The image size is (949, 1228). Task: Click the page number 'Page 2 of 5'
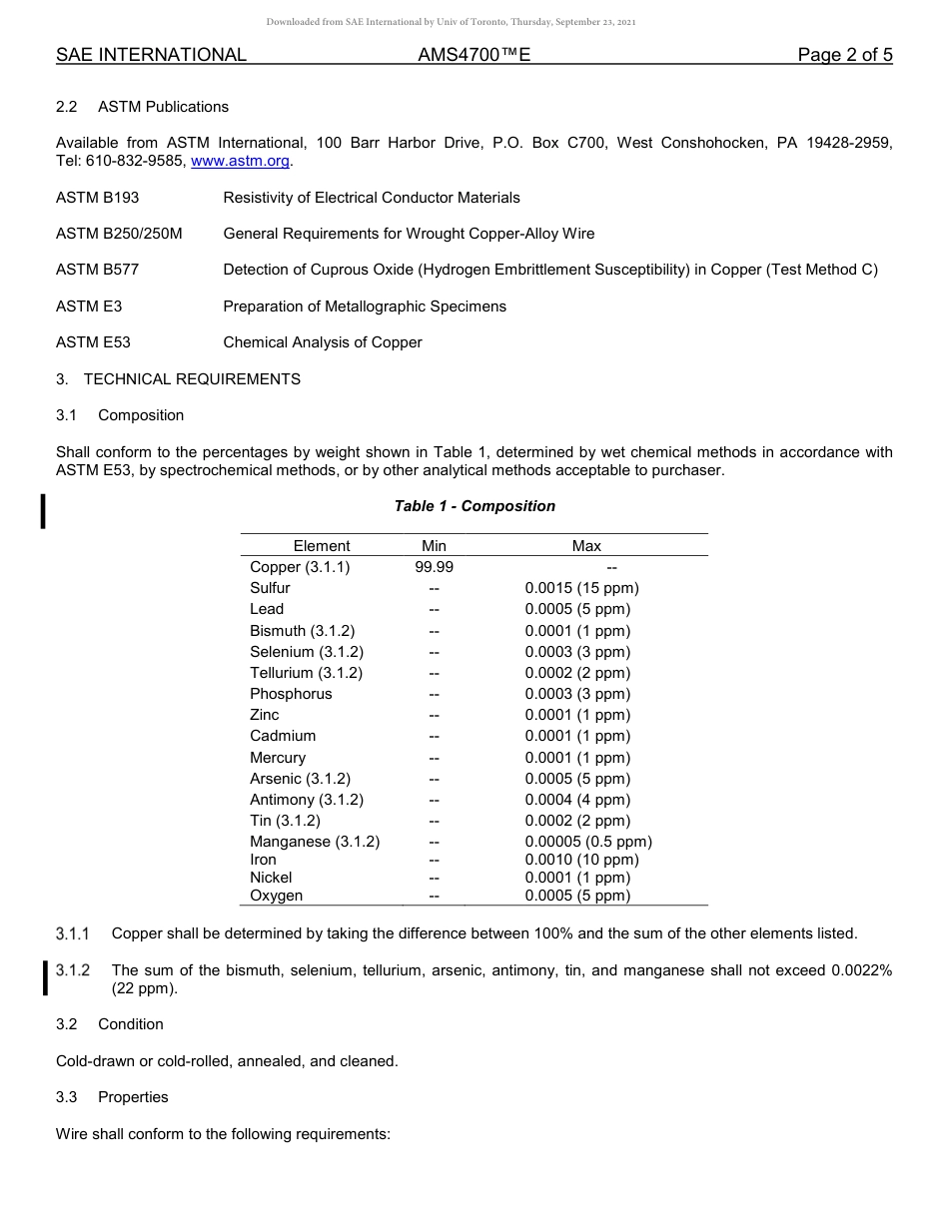[844, 55]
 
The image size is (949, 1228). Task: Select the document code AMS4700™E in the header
[474, 55]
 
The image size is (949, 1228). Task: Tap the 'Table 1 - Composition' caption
[474, 506]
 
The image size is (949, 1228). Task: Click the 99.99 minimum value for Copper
[434, 567]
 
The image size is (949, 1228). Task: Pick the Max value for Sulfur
[581, 588]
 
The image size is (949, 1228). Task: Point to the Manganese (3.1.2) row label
[315, 842]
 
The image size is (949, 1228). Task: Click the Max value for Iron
[581, 860]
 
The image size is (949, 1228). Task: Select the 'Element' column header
[322, 546]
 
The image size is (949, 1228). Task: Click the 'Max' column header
[586, 546]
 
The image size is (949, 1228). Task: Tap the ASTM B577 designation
[98, 270]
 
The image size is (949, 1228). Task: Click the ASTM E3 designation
[89, 307]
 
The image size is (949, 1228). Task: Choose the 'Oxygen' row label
[276, 896]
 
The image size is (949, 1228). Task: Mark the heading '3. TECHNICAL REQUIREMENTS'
[178, 379]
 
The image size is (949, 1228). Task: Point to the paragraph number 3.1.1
[73, 933]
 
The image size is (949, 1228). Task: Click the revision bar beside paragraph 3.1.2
[45, 978]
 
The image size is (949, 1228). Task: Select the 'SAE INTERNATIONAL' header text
[151, 55]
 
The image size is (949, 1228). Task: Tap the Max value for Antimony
[577, 800]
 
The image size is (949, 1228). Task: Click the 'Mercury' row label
[278, 758]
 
